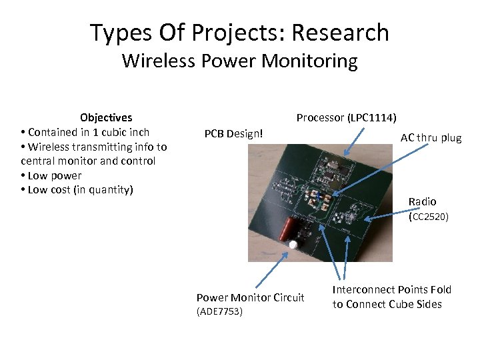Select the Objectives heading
coord(106,117)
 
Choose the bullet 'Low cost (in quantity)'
coord(80,190)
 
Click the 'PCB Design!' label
coord(233,133)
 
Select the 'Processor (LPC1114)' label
coord(346,118)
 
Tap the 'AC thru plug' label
coord(431,138)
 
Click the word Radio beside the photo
coord(422,201)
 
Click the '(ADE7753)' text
coord(219,311)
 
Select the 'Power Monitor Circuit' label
coord(250,297)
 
